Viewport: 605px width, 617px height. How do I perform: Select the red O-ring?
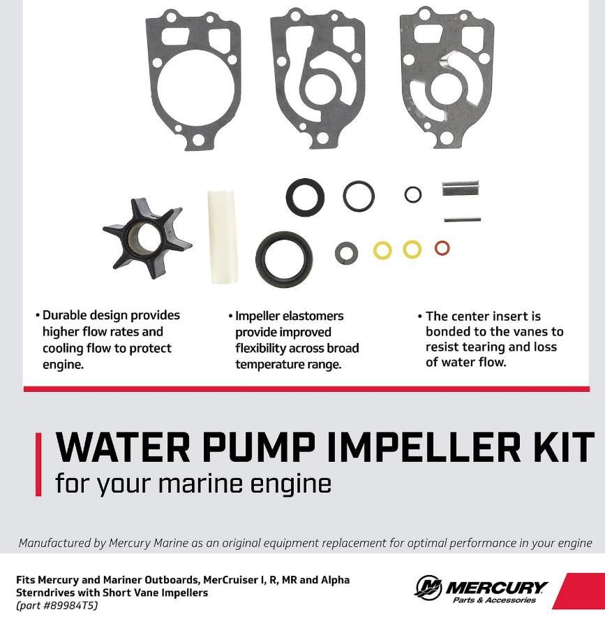pyautogui.click(x=442, y=248)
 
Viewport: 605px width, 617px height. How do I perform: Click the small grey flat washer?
pyautogui.click(x=347, y=253)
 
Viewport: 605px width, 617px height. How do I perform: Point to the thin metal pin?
pyautogui.click(x=462, y=219)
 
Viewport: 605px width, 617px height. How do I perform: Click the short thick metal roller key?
pyautogui.click(x=461, y=188)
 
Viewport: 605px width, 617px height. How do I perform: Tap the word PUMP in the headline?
pyautogui.click(x=259, y=447)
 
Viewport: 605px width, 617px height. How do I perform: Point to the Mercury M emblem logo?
pyautogui.click(x=428, y=588)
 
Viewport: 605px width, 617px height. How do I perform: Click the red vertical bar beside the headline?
pyautogui.click(x=38, y=465)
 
